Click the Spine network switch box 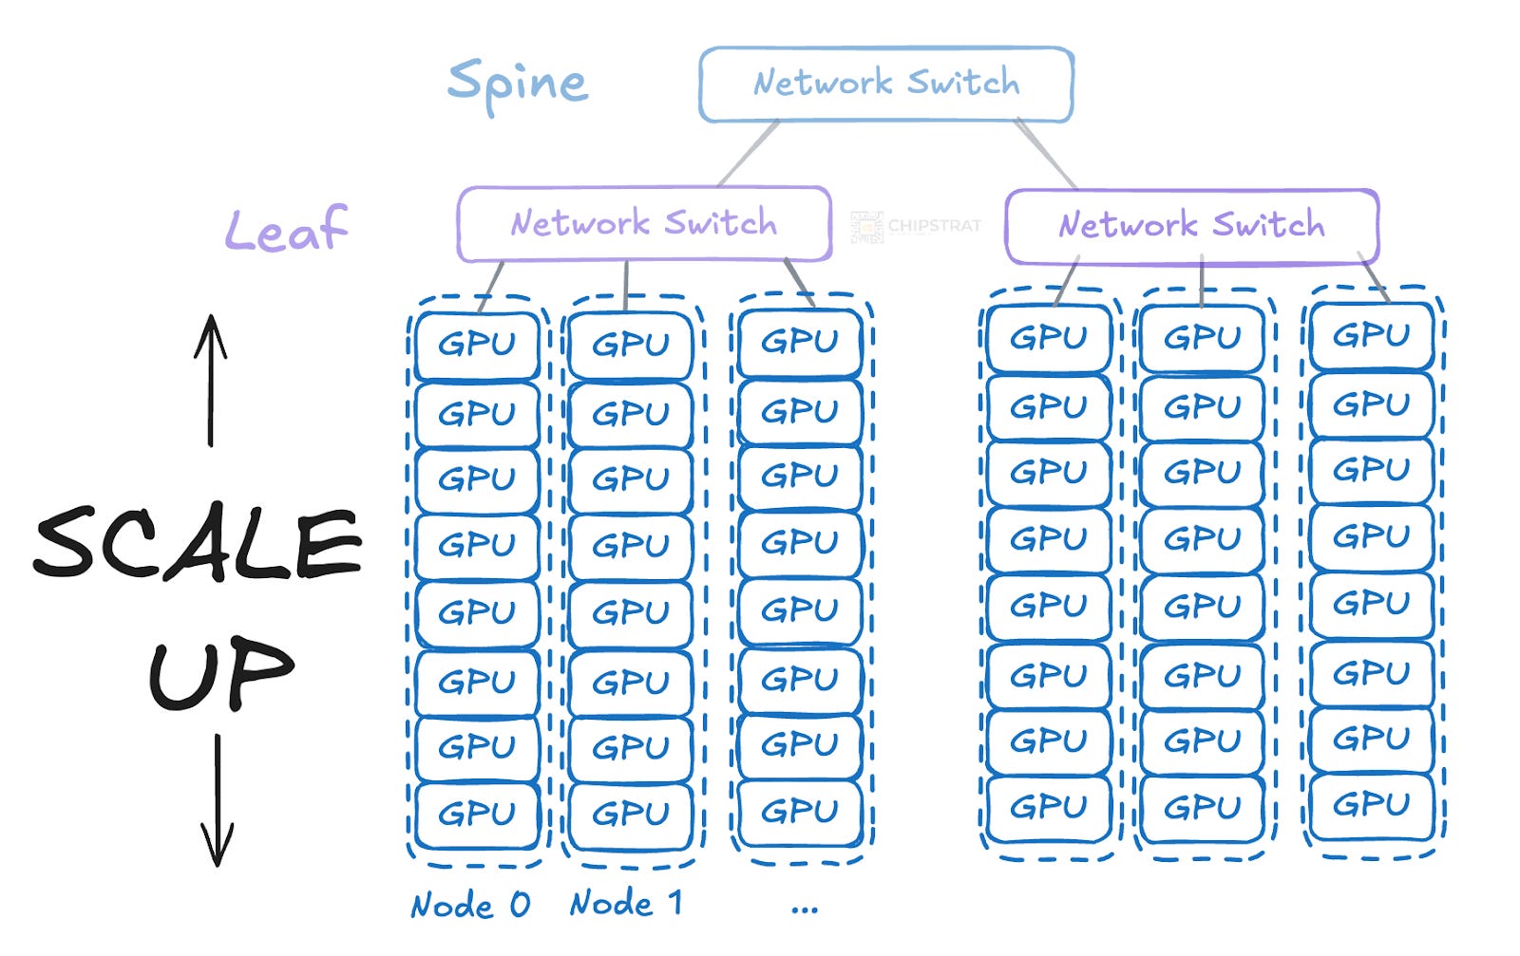coord(885,84)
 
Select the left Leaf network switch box coord(643,224)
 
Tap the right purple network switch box coord(1191,226)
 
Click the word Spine coord(517,84)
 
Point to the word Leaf coord(286,230)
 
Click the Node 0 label coord(469,905)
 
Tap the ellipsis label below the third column coord(804,909)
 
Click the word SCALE coord(198,543)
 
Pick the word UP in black coord(220,673)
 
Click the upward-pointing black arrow coord(211,380)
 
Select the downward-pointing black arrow coord(218,799)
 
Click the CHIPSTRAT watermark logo coord(915,226)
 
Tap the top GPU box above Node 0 coord(477,344)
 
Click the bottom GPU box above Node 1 coord(631,814)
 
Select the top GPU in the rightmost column coord(1371,335)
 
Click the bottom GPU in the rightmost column coord(1371,805)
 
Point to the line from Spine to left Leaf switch coord(749,153)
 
